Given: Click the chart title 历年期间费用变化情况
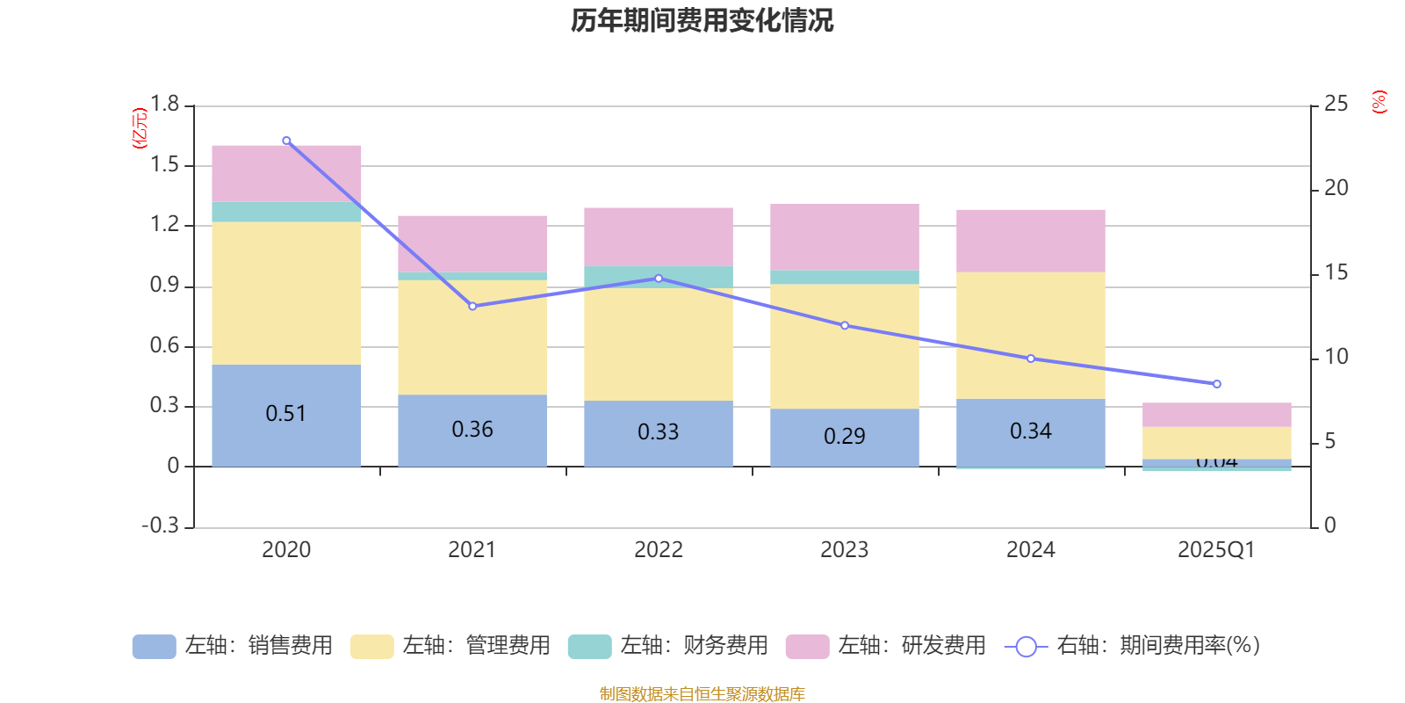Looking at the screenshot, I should (x=702, y=20).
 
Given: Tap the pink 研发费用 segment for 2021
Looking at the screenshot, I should (x=472, y=243).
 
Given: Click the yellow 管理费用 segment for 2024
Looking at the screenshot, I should (x=1030, y=336).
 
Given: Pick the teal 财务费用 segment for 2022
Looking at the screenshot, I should (x=659, y=277).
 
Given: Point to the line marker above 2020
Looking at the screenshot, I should (x=286, y=141).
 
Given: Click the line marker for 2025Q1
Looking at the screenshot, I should (x=1216, y=384).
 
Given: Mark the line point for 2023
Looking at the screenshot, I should (x=845, y=325).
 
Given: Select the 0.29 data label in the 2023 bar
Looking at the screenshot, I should (x=845, y=436).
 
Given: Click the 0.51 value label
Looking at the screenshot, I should (x=286, y=413).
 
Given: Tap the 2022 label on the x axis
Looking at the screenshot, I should (x=659, y=550).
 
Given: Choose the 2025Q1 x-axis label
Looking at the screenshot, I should (x=1216, y=550).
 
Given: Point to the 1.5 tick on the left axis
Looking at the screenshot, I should (x=164, y=165).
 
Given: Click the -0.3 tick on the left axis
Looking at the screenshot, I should (x=160, y=525).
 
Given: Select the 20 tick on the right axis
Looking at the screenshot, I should (x=1336, y=188).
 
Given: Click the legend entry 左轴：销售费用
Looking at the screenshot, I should (x=234, y=646).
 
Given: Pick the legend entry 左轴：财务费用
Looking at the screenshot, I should (x=669, y=646).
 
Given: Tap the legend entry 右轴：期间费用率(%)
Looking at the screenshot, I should (x=1133, y=646).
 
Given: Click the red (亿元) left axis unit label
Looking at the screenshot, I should (x=140, y=128).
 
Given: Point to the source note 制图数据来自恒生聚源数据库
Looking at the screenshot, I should (x=702, y=694).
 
